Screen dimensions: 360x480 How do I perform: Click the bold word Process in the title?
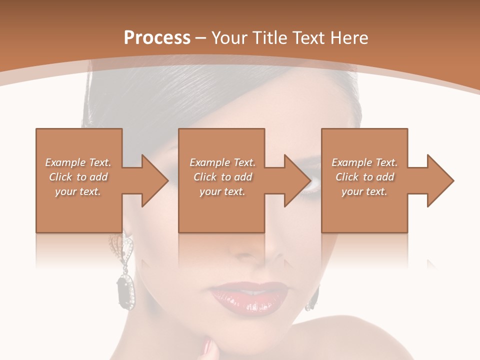(x=157, y=38)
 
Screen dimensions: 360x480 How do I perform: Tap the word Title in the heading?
(x=268, y=38)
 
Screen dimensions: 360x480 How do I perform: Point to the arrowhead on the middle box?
(x=297, y=180)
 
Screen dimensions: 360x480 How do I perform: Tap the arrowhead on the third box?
(x=440, y=180)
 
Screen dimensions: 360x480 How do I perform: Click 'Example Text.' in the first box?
(x=78, y=162)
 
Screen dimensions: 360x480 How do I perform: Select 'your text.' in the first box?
(x=78, y=191)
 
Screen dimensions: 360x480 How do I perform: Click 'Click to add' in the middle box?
(x=222, y=177)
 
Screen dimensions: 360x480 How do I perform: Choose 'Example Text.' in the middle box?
(x=222, y=162)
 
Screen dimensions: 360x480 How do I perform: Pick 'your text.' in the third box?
(x=364, y=191)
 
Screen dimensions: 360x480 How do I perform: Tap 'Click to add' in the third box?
(x=364, y=177)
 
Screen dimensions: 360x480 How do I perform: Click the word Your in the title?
(x=229, y=38)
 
